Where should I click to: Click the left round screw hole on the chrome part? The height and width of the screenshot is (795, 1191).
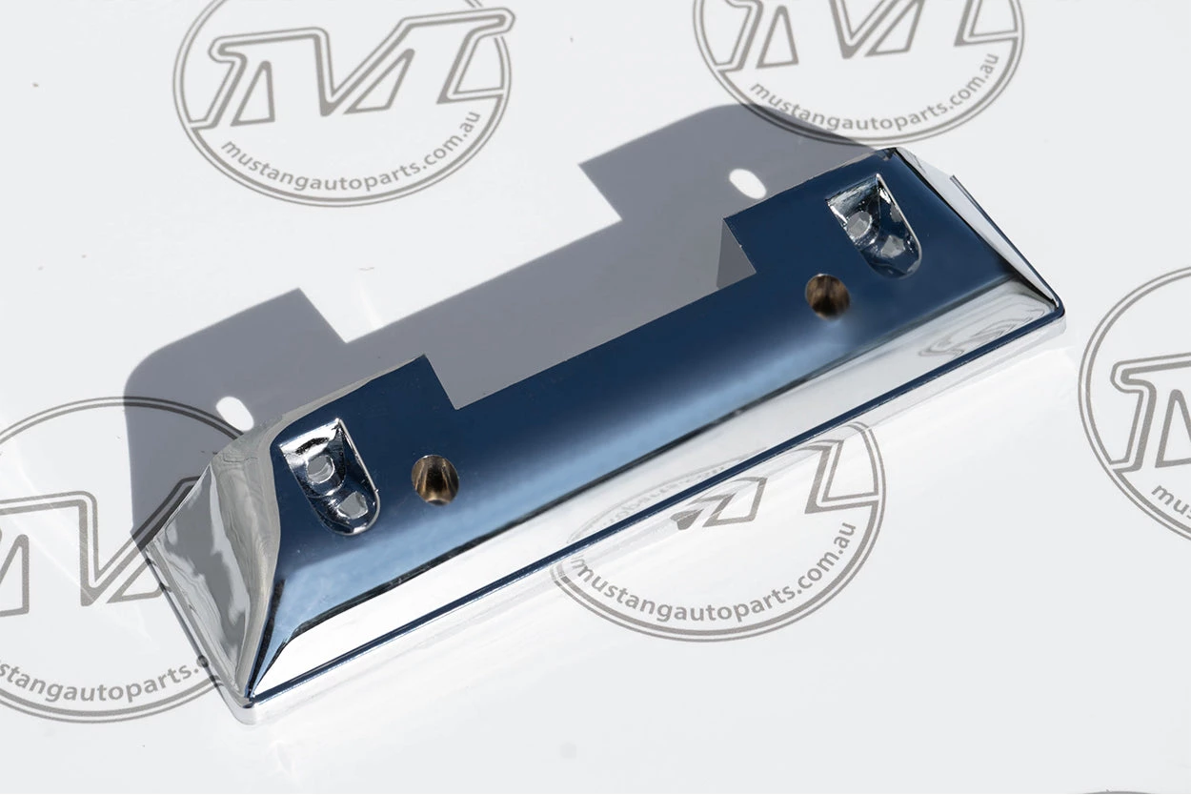coord(434,479)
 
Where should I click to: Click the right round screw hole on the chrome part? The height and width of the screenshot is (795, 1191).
coord(827,296)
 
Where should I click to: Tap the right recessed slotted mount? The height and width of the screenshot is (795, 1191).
coord(875,225)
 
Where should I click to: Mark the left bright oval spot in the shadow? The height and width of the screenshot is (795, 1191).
coord(234,413)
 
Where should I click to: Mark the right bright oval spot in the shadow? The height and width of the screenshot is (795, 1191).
coord(747,183)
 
